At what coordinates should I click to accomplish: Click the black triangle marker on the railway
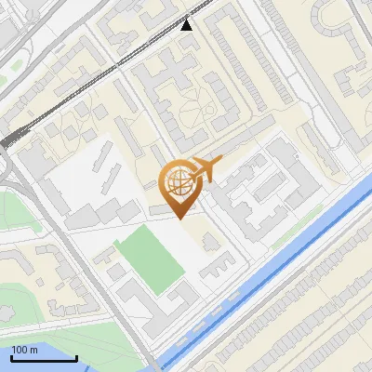point(187,24)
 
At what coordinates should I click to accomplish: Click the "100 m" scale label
point(24,350)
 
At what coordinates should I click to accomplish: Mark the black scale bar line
point(43,358)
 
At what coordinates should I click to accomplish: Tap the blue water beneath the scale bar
point(56,366)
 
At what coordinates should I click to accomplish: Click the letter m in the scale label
point(33,350)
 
